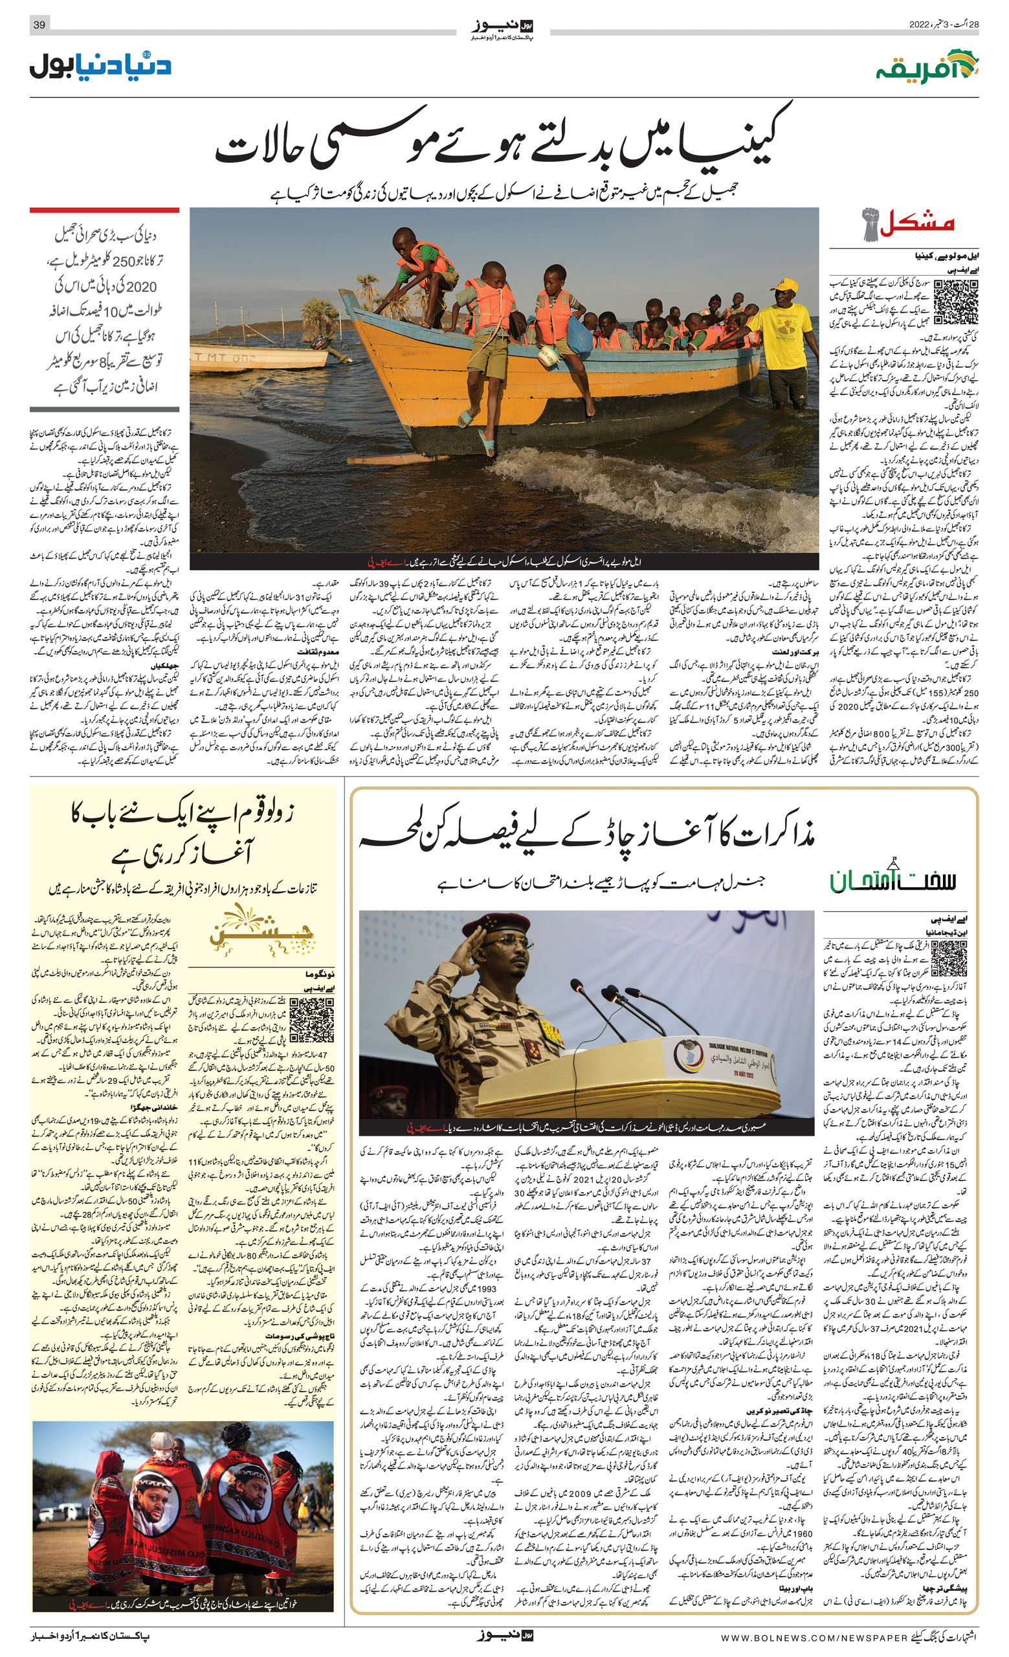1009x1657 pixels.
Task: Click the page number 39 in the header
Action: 39,25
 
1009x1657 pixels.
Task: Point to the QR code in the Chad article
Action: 949,959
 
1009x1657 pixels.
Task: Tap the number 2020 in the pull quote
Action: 141,286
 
